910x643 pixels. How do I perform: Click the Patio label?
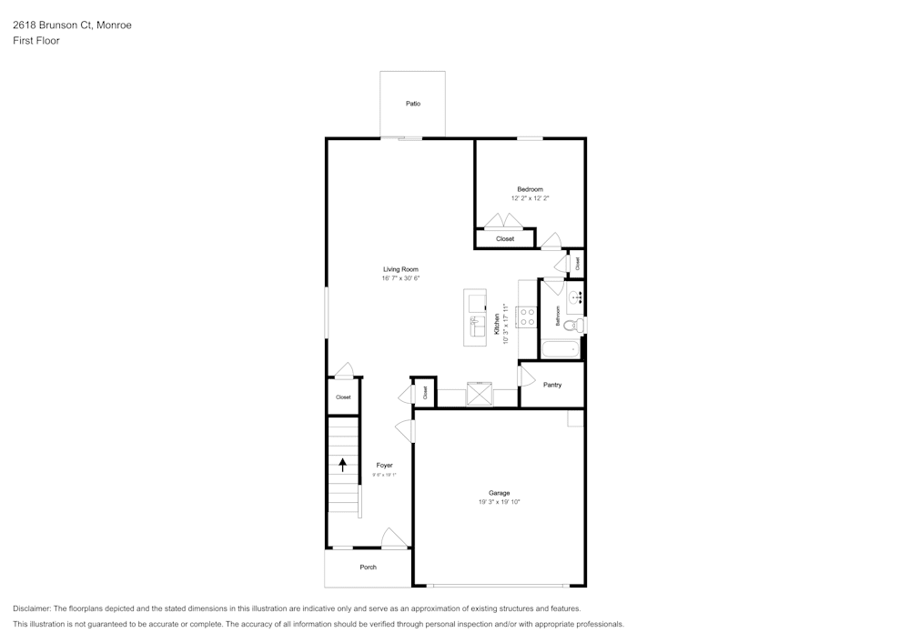413,104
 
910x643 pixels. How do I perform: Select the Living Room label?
400,269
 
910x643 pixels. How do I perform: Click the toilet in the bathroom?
572,326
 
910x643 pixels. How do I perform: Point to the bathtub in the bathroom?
560,349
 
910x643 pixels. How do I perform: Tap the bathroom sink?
575,297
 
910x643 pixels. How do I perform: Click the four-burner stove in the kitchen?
526,317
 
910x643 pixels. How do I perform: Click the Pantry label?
552,385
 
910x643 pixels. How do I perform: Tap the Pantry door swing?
525,375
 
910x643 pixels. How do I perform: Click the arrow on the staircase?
343,465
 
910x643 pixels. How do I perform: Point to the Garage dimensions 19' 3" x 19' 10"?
499,502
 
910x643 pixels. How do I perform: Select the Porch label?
368,568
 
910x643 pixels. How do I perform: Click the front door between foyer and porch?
393,539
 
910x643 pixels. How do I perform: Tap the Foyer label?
384,465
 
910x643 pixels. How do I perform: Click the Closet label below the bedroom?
505,239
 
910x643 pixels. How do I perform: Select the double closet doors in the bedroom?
502,221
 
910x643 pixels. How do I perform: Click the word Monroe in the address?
114,25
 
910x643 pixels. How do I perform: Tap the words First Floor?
36,41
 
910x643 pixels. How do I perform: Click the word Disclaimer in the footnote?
32,608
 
